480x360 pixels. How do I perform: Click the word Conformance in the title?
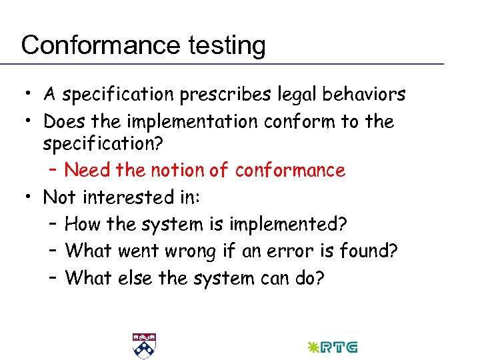101,45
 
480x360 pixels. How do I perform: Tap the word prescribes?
224,95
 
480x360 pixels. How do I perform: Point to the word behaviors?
364,95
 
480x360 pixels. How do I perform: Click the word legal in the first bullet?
296,95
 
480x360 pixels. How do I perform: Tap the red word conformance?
290,171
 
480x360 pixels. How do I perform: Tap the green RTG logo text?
339,347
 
